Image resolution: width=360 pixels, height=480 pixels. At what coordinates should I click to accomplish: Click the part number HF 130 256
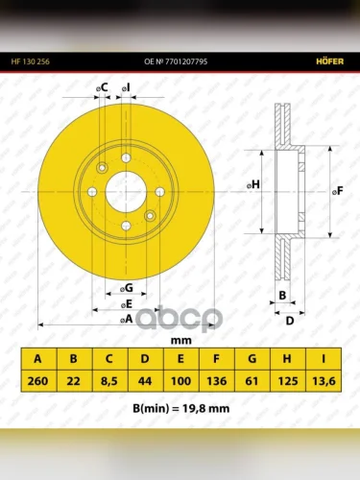click(31, 61)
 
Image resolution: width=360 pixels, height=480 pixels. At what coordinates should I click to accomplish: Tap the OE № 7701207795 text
click(176, 61)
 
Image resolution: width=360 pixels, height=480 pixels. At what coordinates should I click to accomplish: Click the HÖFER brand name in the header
click(330, 61)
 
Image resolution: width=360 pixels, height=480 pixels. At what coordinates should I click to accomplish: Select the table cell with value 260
click(38, 381)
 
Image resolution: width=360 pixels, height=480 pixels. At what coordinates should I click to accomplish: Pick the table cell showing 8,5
click(109, 381)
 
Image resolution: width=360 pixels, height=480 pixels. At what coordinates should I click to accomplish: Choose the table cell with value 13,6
click(324, 381)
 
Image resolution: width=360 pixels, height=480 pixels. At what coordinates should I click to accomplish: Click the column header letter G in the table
click(252, 359)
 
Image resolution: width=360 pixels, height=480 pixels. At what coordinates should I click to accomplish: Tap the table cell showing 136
click(217, 381)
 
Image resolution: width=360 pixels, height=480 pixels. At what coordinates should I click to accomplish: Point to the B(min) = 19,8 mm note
click(181, 409)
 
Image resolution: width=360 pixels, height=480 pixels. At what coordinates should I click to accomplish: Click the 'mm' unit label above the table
click(181, 341)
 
